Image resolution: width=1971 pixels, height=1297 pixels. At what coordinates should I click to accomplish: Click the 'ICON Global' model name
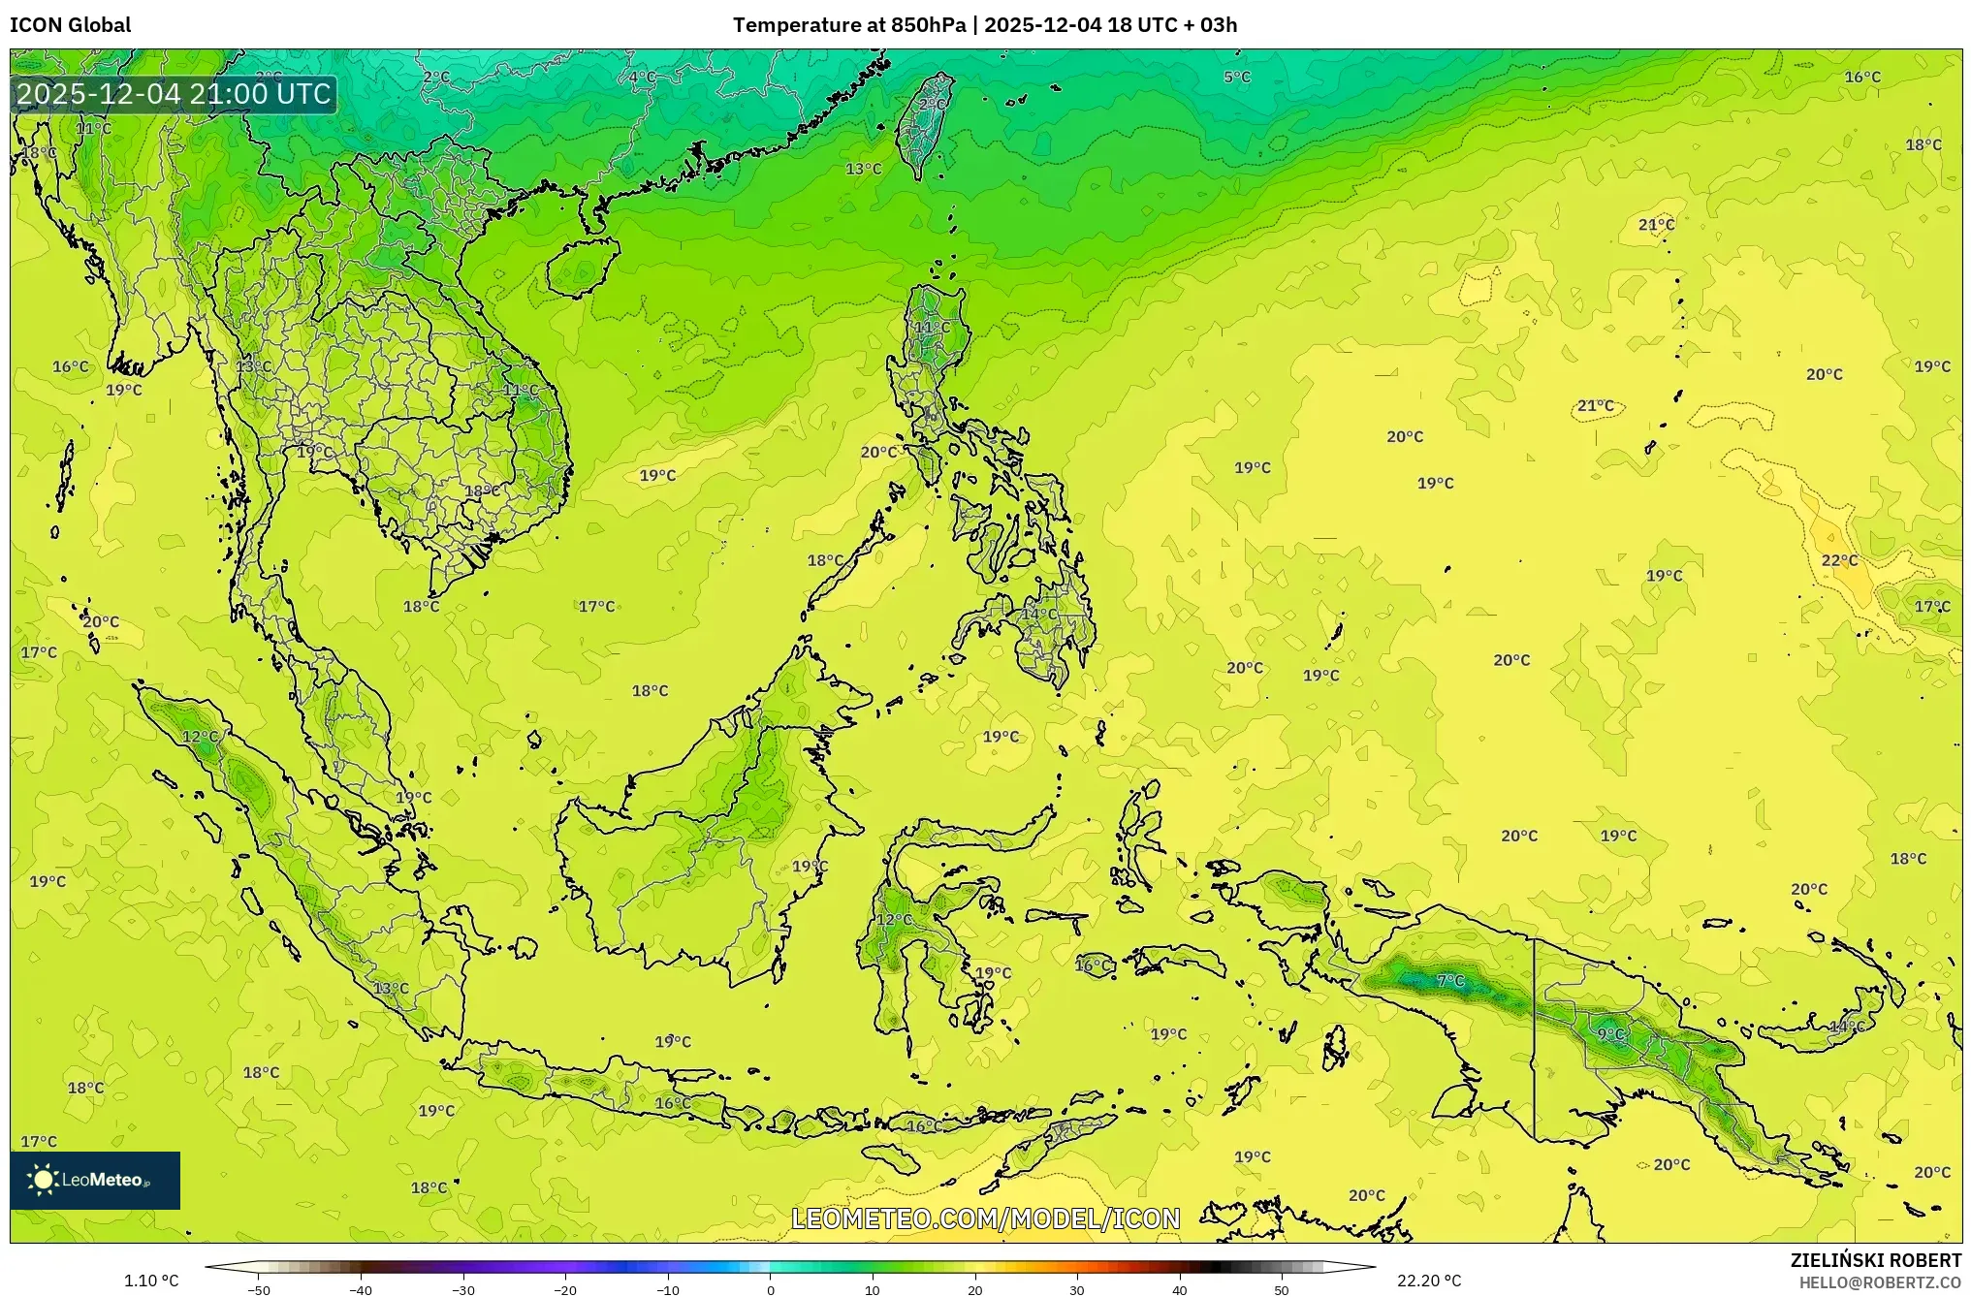[x=71, y=25]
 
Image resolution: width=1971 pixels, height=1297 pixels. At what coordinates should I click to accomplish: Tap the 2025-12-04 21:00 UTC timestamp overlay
[x=175, y=94]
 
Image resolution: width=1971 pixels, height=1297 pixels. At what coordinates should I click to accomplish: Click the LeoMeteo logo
[x=95, y=1180]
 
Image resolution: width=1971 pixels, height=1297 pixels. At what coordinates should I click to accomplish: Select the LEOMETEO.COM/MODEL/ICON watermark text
[x=985, y=1218]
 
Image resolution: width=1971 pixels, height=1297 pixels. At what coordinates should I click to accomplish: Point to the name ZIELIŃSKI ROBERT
[x=1875, y=1260]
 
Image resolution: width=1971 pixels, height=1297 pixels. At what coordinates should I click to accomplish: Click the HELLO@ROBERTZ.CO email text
[x=1880, y=1282]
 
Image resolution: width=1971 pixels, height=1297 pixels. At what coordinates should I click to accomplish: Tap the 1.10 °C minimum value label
[x=151, y=1281]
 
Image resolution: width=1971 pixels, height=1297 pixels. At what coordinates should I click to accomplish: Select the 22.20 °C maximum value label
[x=1428, y=1281]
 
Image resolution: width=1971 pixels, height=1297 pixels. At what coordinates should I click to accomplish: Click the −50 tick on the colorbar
[x=259, y=1289]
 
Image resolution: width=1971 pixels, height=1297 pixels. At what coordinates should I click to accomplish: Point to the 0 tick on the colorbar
[x=771, y=1289]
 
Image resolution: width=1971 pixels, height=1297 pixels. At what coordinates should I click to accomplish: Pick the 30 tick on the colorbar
[x=1077, y=1289]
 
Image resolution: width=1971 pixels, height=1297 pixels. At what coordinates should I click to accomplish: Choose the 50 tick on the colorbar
[x=1282, y=1289]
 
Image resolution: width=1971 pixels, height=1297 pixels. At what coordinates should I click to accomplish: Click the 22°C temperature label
[x=1839, y=560]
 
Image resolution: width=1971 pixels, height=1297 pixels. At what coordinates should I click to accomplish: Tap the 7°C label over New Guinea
[x=1450, y=981]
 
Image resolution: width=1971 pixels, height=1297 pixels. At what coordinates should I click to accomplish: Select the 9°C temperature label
[x=1611, y=1034]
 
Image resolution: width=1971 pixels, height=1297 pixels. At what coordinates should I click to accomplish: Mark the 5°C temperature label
[x=1236, y=77]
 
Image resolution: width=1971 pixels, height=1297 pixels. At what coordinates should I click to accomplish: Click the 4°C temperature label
[x=642, y=77]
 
